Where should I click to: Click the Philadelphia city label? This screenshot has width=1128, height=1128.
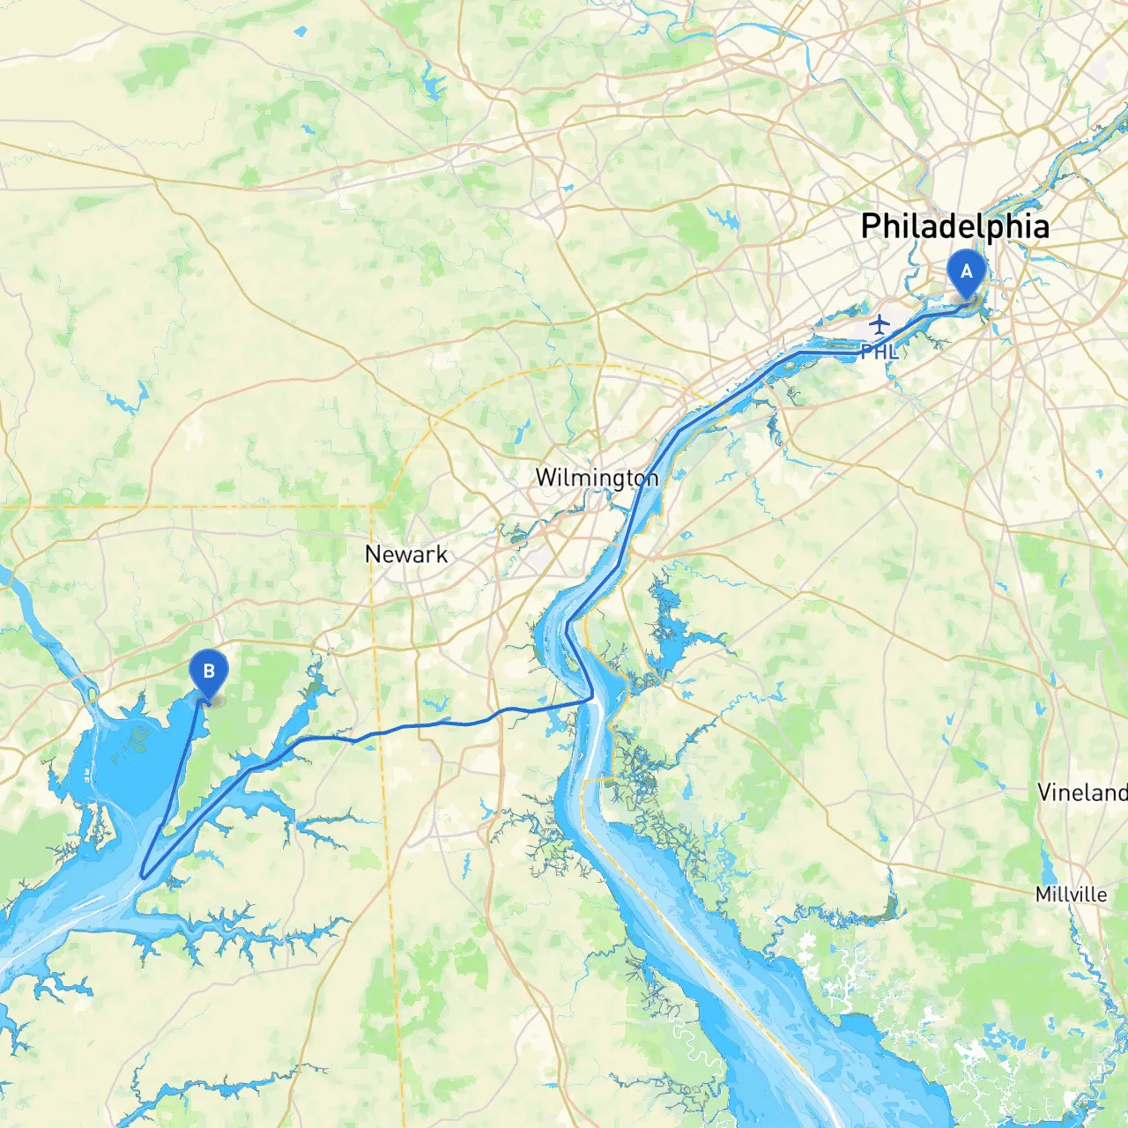954,226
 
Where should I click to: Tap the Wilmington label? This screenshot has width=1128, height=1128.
597,478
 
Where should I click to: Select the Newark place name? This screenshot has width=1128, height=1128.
406,554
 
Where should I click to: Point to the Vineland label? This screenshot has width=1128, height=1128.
1082,792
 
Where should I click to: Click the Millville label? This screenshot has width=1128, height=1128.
1071,894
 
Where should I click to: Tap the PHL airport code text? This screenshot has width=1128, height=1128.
879,352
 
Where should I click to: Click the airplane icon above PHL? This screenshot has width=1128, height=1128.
879,324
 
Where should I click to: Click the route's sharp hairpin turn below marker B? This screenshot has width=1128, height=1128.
143,876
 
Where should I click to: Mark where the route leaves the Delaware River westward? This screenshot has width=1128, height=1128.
591,699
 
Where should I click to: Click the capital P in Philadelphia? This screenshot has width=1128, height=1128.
872,226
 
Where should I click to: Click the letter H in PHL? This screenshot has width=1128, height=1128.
879,352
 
